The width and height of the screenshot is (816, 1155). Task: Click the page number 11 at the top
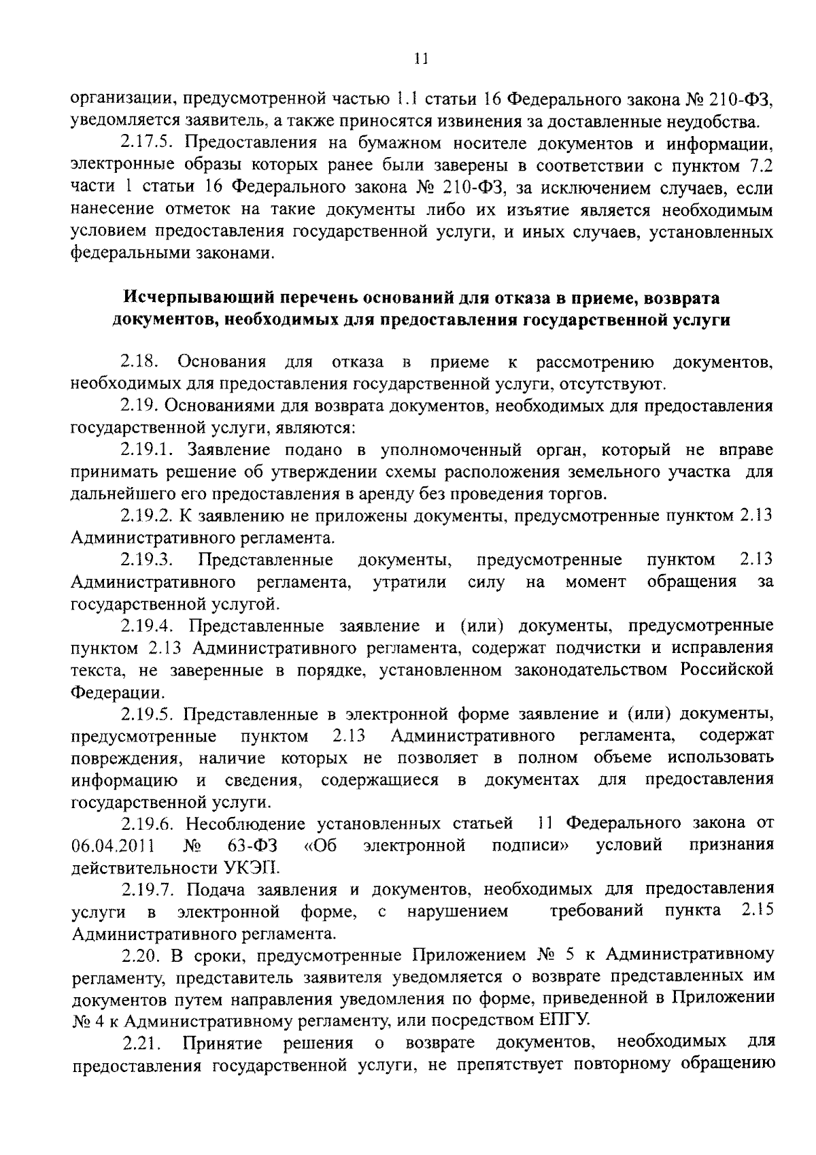420,59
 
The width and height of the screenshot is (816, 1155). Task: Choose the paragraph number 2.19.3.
148,560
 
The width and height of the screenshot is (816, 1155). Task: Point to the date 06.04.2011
112,847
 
